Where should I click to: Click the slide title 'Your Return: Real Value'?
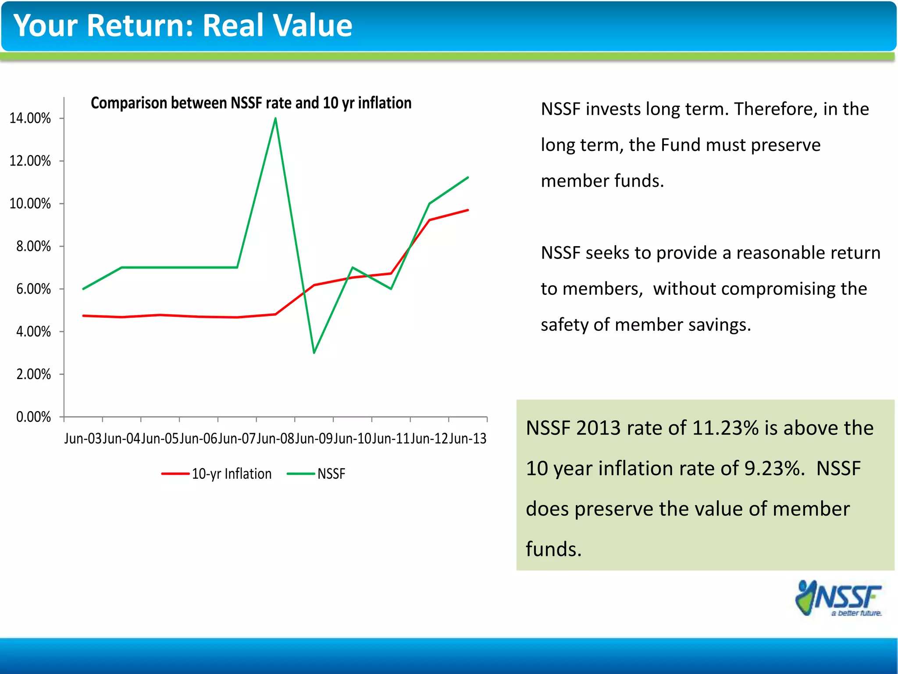182,25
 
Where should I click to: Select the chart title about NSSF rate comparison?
251,103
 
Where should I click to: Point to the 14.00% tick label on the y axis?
30,118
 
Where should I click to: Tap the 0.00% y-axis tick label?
33,417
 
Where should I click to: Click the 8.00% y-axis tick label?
33,247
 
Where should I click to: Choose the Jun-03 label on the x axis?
83,439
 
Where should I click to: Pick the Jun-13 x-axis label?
468,439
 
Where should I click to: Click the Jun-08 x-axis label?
275,439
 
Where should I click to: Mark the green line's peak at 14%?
275,118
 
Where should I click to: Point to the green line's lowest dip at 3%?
314,352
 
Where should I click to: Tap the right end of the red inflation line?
468,210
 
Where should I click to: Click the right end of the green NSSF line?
468,178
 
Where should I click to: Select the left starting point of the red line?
83,315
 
